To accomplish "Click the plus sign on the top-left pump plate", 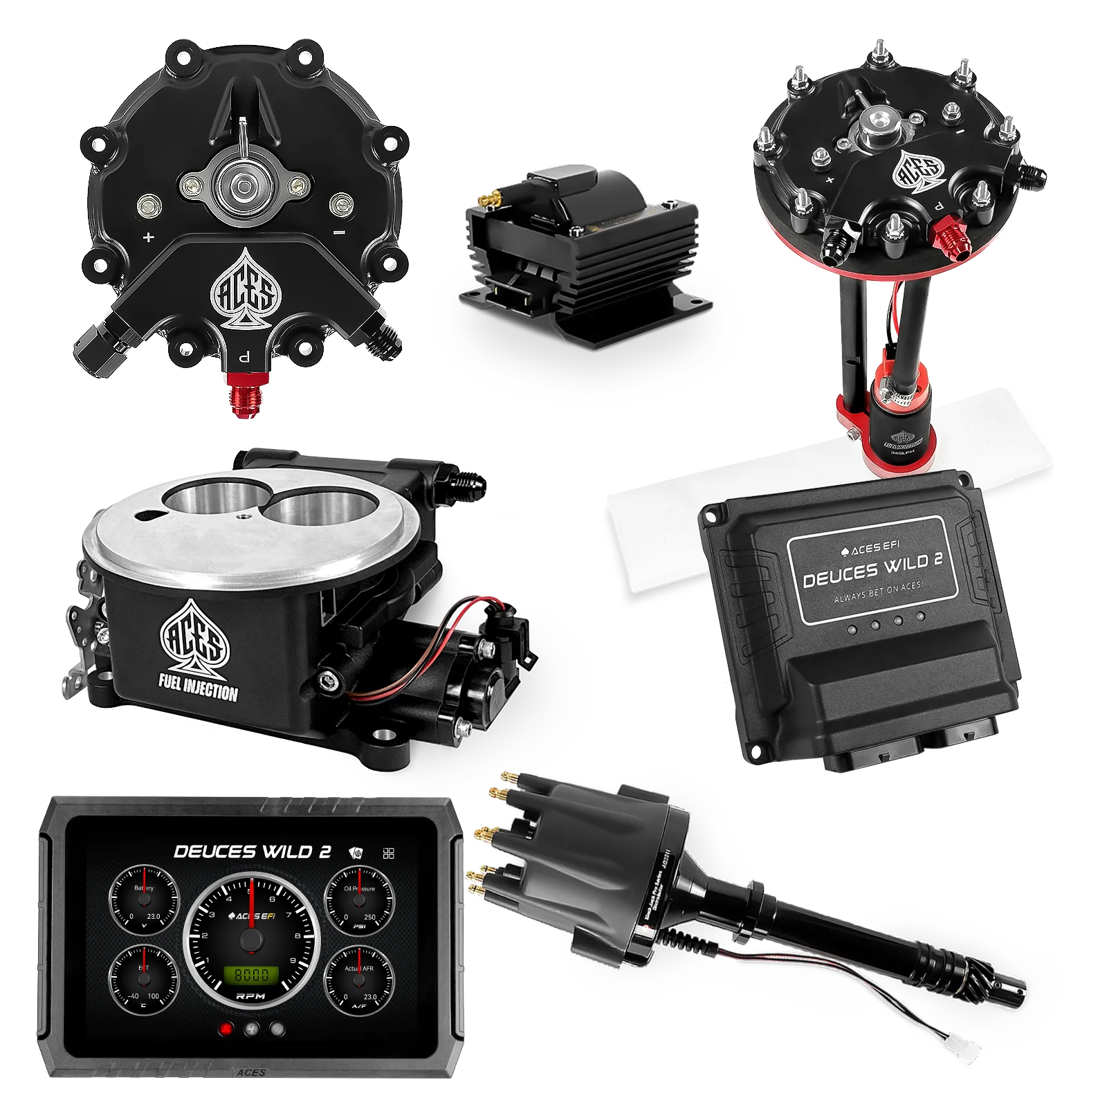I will click(x=148, y=237).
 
